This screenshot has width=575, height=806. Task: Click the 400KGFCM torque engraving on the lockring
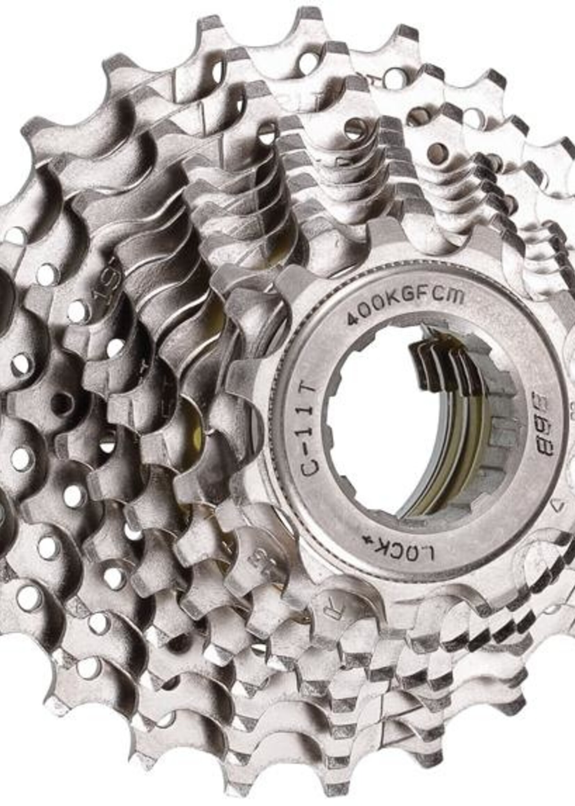405,305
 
